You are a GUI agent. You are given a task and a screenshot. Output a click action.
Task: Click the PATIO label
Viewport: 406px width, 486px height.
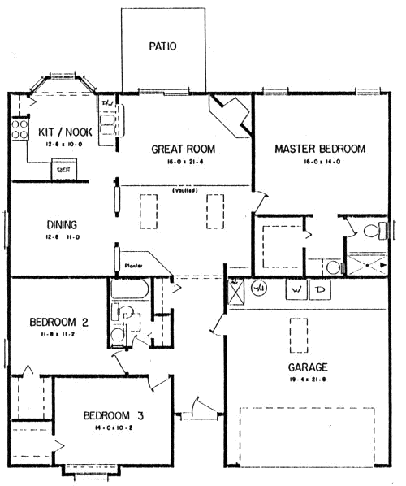point(162,46)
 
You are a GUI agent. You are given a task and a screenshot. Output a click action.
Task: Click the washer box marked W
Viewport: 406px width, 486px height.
point(296,289)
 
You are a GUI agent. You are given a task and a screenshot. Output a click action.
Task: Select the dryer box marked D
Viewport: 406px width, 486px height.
point(321,289)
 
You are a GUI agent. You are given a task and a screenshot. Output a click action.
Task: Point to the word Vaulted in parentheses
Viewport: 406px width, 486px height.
point(186,192)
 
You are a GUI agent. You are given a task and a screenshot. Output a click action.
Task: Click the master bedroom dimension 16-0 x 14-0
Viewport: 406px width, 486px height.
point(319,163)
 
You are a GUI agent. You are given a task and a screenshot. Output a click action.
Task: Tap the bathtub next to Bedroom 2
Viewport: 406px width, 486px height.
point(130,289)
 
